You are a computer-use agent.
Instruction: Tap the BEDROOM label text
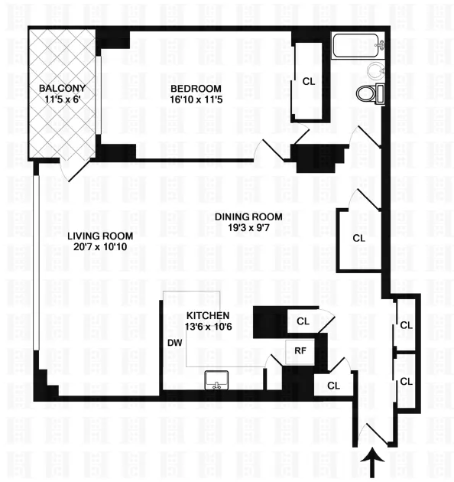click(196, 88)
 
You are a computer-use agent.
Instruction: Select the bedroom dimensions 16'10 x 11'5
click(196, 99)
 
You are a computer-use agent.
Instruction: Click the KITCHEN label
click(208, 316)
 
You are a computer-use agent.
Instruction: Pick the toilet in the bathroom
click(370, 95)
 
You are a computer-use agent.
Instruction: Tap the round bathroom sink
click(375, 72)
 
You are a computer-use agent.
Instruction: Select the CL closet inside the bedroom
click(309, 81)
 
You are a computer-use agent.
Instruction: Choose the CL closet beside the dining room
click(359, 238)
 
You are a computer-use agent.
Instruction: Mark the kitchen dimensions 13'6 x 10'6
click(208, 327)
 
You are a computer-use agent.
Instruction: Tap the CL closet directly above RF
click(303, 321)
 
